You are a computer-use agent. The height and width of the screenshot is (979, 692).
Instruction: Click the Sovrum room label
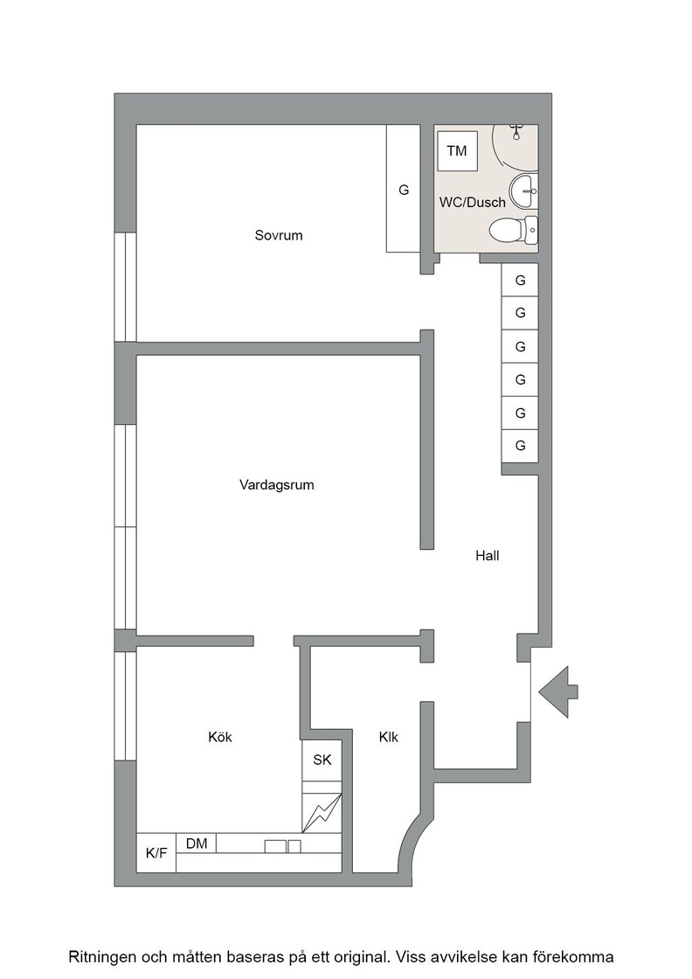pos(279,235)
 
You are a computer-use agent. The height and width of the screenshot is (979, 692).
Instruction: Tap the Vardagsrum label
pos(276,484)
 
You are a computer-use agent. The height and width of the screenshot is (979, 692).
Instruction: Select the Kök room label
pos(219,738)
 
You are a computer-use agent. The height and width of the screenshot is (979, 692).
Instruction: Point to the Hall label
pos(488,556)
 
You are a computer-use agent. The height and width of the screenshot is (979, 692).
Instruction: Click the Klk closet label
pos(388,738)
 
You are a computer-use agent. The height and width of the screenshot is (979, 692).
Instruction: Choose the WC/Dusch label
pos(473,202)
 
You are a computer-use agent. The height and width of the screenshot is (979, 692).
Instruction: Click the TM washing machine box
pos(457,150)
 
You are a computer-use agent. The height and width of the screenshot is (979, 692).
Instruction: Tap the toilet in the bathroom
pos(514,229)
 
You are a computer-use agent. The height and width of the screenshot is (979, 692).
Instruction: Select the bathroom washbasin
pos(523,191)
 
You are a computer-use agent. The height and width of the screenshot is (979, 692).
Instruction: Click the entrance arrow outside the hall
pos(558,691)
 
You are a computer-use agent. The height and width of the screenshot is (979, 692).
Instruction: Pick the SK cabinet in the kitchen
pos(322,760)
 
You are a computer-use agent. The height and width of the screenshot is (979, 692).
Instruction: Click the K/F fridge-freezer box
pos(156,853)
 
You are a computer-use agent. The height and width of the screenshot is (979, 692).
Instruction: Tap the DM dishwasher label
pos(197,844)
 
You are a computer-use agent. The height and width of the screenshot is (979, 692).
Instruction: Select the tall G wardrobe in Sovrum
pos(403,189)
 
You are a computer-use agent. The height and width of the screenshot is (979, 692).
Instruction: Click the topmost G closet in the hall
pos(521,281)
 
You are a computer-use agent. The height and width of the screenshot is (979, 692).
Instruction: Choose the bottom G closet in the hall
pos(521,446)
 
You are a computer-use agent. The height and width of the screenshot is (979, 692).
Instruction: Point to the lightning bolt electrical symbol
pos(322,813)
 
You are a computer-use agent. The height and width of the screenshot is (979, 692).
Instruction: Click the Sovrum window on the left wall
pos(126,288)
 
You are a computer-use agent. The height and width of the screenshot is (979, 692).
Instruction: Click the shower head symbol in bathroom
pos(516,132)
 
